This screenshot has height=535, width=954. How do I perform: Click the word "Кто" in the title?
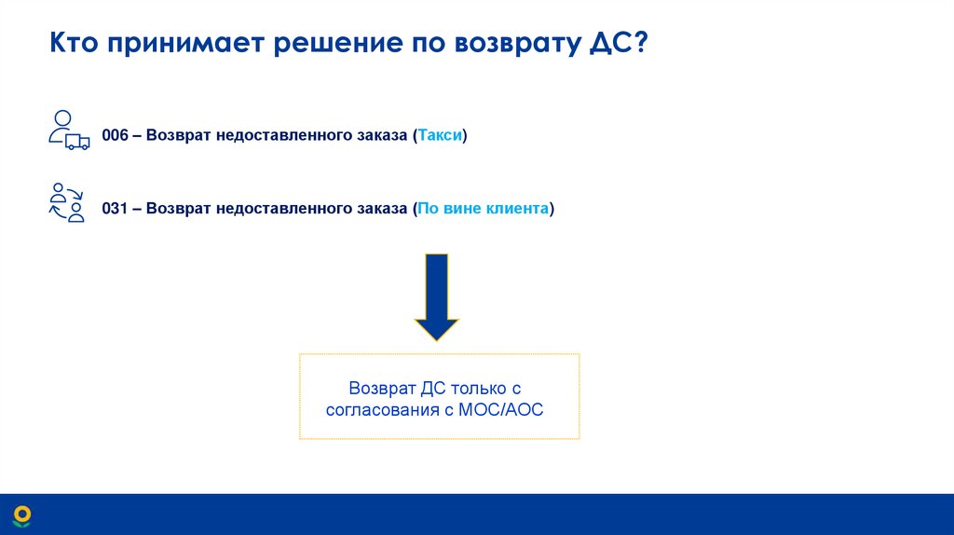click(x=75, y=44)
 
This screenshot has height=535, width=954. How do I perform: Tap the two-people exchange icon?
click(x=66, y=202)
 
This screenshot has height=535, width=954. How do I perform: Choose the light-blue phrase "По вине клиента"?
click(x=483, y=209)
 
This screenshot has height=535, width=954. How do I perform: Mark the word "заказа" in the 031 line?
click(x=376, y=209)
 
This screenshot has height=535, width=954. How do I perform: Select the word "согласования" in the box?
click(x=381, y=409)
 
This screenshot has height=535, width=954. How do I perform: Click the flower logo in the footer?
click(x=21, y=514)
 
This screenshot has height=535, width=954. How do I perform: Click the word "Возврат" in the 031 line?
click(x=179, y=209)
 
